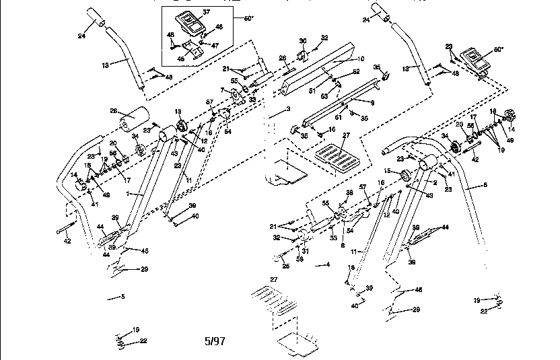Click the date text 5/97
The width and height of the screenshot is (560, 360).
click(x=214, y=341)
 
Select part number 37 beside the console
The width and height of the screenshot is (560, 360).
click(x=207, y=13)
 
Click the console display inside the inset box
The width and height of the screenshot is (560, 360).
click(x=187, y=21)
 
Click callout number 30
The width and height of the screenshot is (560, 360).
click(x=302, y=40)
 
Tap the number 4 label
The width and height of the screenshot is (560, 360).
click(x=328, y=264)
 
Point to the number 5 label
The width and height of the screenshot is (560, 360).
click(x=123, y=296)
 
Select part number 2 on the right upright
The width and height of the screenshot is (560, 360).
click(x=435, y=182)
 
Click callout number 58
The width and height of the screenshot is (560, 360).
click(x=299, y=258)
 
